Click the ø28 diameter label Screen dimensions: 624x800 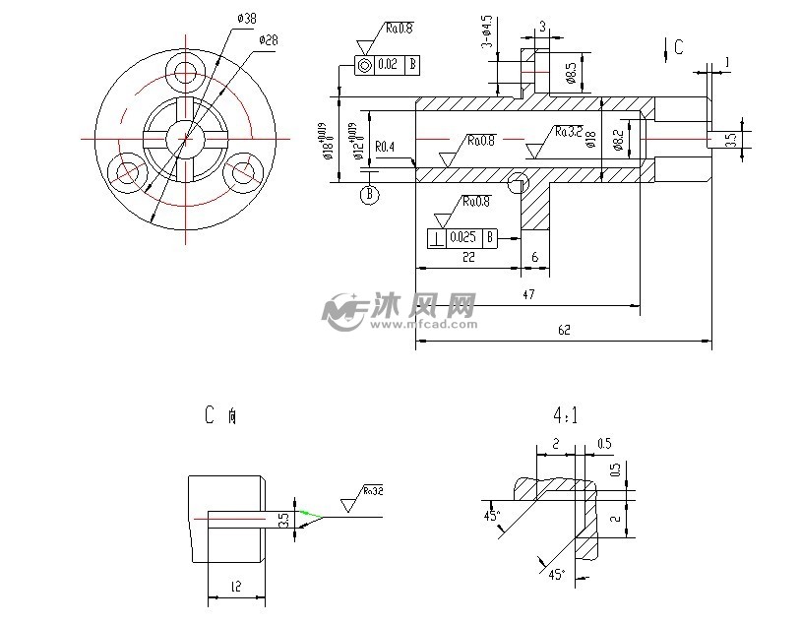[x=268, y=40]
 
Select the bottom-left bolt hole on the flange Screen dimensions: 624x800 [x=125, y=173]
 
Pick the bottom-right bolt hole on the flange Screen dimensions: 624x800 [x=241, y=173]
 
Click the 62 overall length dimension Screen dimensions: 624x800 [x=563, y=332]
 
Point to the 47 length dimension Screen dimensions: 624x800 [x=528, y=294]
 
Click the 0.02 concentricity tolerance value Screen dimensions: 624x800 [x=388, y=65]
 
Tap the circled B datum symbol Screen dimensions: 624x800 [x=370, y=195]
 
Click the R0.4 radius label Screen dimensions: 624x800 [x=385, y=148]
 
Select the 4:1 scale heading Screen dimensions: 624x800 [x=565, y=415]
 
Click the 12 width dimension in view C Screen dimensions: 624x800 [x=235, y=588]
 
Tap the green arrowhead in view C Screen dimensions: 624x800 [x=309, y=513]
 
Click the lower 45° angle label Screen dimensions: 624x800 [x=557, y=573]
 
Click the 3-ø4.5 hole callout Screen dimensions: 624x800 [x=487, y=32]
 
